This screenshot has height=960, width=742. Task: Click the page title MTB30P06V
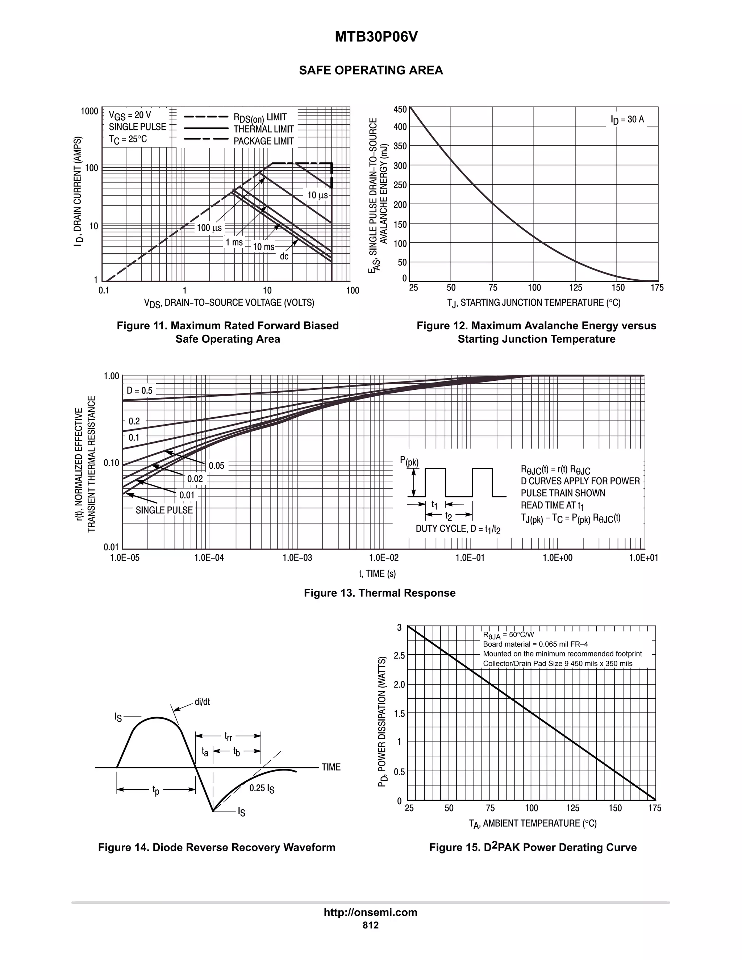376,37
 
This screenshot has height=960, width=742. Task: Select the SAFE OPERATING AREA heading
371,70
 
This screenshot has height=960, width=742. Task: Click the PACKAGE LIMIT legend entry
263,141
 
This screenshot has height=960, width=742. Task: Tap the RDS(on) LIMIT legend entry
260,117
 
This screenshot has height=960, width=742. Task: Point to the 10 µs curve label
317,195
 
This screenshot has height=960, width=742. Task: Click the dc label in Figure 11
284,256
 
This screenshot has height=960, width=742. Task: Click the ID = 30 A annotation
627,120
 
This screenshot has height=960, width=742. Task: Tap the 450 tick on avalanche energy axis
400,109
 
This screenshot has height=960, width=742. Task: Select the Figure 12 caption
536,332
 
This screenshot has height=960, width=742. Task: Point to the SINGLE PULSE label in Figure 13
164,510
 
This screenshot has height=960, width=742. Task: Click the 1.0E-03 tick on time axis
297,558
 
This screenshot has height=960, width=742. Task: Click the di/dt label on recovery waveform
202,702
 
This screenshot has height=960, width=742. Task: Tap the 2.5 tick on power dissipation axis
399,655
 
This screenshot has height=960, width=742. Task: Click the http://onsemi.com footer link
371,913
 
